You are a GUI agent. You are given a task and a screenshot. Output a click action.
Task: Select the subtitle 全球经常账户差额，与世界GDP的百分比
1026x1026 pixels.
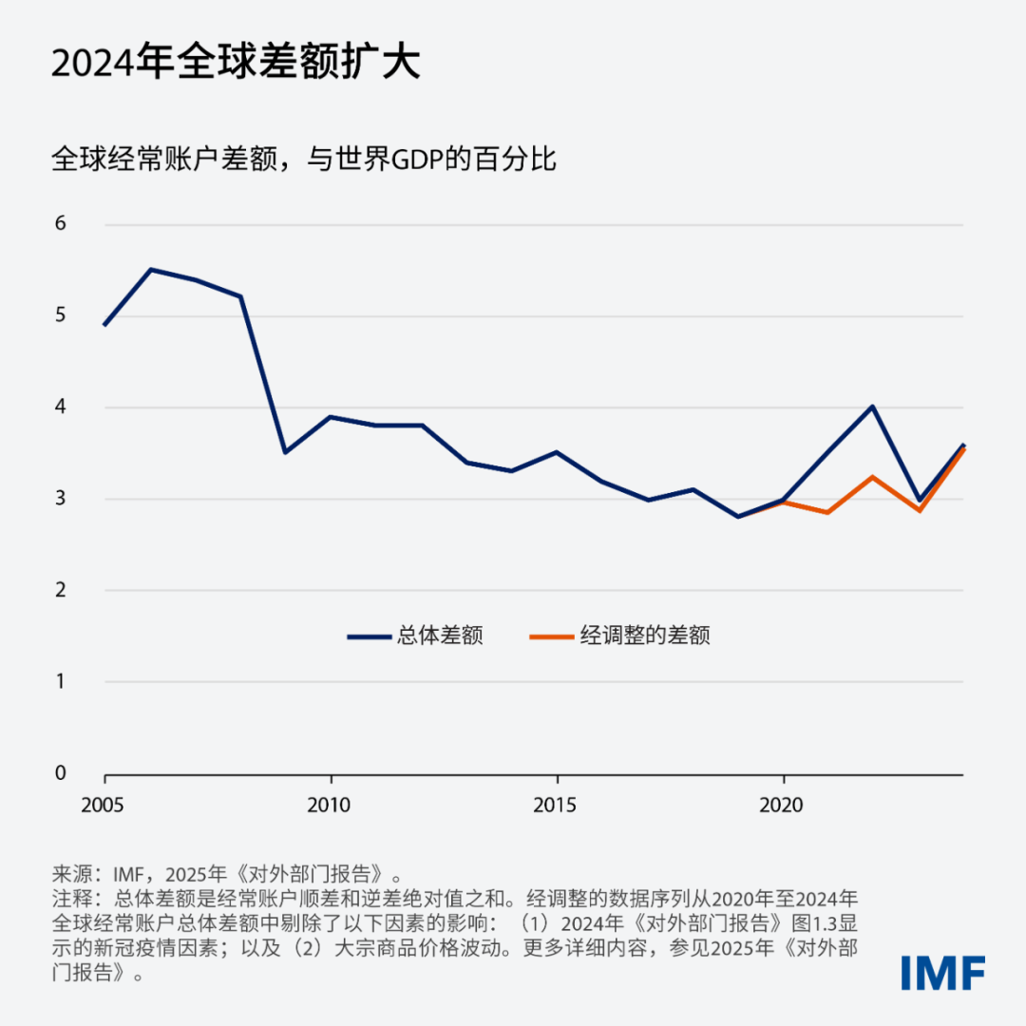(304, 160)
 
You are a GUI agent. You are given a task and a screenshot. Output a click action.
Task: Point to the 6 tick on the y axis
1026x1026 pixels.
(61, 224)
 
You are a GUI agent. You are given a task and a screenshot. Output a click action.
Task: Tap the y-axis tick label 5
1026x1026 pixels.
(61, 315)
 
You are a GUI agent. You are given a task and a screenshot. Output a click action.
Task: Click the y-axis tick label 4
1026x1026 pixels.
(61, 407)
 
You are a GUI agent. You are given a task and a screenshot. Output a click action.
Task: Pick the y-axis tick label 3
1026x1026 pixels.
(61, 498)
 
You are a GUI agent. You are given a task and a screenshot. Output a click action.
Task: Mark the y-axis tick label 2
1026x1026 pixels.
(61, 590)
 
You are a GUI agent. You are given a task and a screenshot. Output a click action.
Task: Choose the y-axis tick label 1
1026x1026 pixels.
(61, 681)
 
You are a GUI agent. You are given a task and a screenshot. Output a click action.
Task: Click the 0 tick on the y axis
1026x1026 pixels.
(61, 772)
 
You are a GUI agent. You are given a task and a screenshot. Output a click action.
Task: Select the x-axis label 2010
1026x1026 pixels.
(329, 806)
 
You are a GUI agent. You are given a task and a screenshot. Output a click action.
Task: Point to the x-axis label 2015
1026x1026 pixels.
(555, 806)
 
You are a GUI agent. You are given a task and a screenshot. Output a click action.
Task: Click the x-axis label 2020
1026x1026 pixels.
(782, 806)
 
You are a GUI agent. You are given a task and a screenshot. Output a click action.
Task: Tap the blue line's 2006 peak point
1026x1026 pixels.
(150, 270)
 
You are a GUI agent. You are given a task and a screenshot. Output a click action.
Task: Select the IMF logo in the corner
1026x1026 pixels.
(942, 973)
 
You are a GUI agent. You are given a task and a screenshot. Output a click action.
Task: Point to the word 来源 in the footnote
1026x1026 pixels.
(72, 874)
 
